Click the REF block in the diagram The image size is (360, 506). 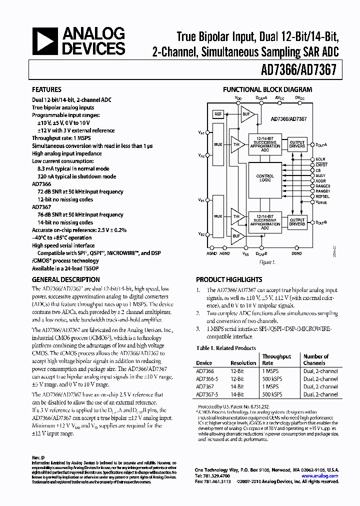[218, 114]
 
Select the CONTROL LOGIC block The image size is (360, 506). [265, 178]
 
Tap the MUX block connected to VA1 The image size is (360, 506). [218, 144]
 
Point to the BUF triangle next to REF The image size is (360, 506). [246, 114]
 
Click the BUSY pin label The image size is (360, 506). [320, 175]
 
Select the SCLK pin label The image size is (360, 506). [320, 159]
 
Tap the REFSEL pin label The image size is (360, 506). [323, 197]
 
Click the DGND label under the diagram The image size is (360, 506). [296, 253]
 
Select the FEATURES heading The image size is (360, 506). [46, 90]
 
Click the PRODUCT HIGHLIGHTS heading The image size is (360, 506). [228, 279]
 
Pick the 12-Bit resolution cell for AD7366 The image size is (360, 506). [237, 371]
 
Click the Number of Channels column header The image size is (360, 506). [315, 359]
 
